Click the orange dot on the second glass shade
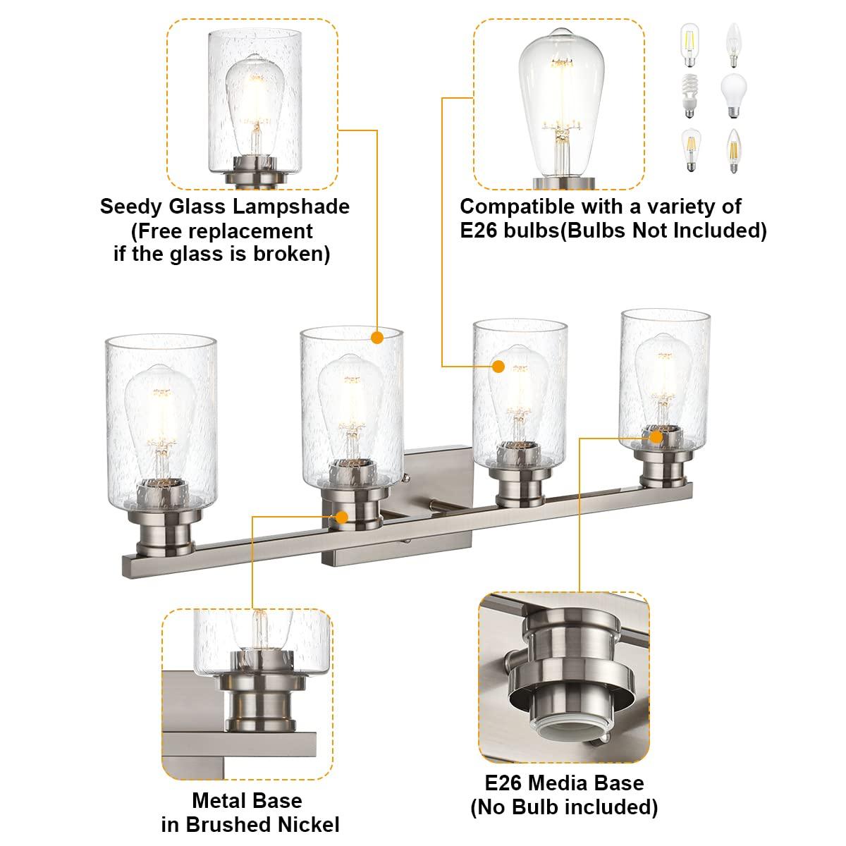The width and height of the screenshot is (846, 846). point(376,337)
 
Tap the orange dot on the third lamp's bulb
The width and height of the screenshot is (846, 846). point(498,366)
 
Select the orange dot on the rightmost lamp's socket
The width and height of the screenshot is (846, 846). point(656,437)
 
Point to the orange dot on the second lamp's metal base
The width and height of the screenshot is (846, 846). point(343,516)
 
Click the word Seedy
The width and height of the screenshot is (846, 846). point(130,207)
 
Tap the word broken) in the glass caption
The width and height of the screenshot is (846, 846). point(290,254)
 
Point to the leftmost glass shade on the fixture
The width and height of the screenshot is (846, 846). point(161,409)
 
